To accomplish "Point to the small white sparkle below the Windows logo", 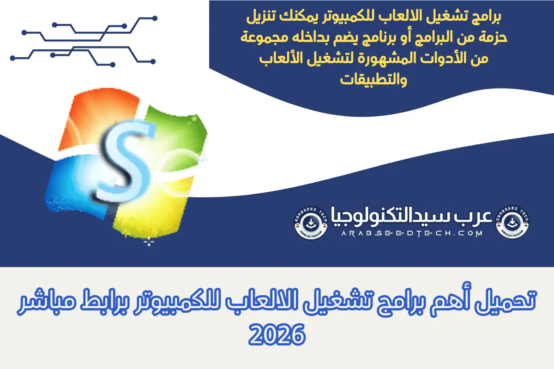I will (149, 241).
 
